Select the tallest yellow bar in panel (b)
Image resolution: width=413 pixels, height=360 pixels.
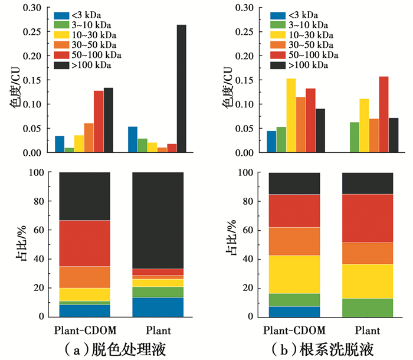(x=291, y=115)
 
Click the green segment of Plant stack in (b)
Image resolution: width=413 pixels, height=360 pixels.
(x=368, y=307)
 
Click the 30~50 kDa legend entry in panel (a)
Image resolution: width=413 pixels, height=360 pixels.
(x=84, y=45)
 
